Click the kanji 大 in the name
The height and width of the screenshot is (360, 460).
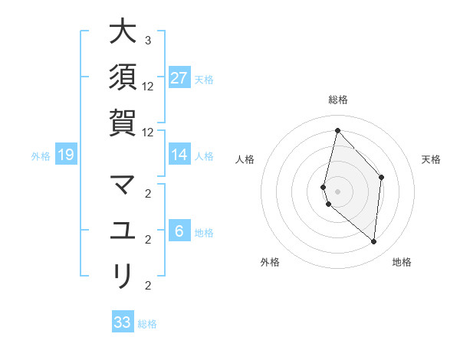coord(123,33)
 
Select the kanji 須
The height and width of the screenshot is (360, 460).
coord(123,77)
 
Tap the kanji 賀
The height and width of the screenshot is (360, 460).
coord(123,122)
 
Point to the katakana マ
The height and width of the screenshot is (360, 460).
coord(123,186)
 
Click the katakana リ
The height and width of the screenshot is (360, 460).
coord(123,275)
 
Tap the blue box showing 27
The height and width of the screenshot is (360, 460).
coord(179,78)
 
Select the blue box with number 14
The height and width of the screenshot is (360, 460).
coord(179,155)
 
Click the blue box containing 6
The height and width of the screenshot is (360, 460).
coord(179,231)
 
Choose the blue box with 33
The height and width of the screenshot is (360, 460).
coord(123,322)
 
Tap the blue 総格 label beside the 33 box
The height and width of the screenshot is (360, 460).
coord(147,324)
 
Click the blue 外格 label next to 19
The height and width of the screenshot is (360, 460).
coord(41,156)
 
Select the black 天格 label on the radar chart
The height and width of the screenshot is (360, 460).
coord(431,159)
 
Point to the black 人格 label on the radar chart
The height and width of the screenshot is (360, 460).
coord(245,159)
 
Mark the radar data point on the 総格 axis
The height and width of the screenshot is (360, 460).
coord(337,130)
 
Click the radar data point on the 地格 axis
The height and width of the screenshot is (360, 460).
coord(374,242)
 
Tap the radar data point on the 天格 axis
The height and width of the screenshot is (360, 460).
coord(381,178)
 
